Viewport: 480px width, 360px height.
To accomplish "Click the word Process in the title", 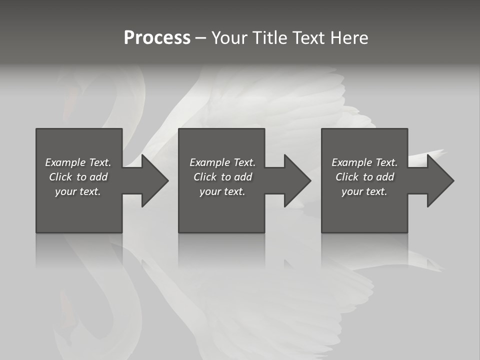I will (x=157, y=38).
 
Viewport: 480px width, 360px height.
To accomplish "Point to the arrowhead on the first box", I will (x=152, y=180).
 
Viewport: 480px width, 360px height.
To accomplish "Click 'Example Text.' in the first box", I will (x=78, y=162).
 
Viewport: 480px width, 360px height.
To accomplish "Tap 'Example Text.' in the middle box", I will (x=222, y=162).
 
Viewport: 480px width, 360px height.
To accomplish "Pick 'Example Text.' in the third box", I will (x=364, y=162).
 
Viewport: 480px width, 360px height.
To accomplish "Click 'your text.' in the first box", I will (x=78, y=191).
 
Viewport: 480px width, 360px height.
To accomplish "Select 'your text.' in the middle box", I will (x=222, y=191).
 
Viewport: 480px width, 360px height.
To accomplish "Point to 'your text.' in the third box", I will (x=364, y=191).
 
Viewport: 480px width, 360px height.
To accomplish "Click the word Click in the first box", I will (x=60, y=177).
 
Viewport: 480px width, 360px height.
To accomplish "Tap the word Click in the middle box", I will (x=205, y=177).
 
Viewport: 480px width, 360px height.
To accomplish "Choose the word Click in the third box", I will (x=347, y=177).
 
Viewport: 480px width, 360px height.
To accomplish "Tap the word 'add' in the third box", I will (x=385, y=177).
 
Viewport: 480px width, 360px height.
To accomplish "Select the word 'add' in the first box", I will (x=99, y=177).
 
